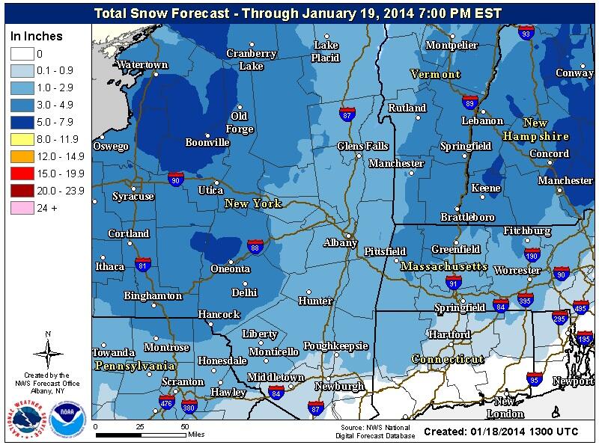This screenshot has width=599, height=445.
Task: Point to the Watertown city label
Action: pos(142,65)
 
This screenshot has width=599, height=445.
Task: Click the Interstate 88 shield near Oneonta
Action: pos(255,246)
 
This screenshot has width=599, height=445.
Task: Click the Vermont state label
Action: pos(435,75)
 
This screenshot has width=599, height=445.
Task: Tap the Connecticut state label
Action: pos(448,360)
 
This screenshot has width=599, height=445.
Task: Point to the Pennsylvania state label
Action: pos(135,366)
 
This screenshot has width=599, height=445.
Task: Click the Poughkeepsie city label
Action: pos(335,346)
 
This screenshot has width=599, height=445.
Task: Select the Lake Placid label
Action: pos(326,51)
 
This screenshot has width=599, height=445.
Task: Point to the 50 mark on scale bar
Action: pos(184,426)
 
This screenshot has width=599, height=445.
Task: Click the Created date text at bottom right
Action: pos(505,432)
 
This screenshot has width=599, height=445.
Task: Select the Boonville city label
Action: pos(207,142)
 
